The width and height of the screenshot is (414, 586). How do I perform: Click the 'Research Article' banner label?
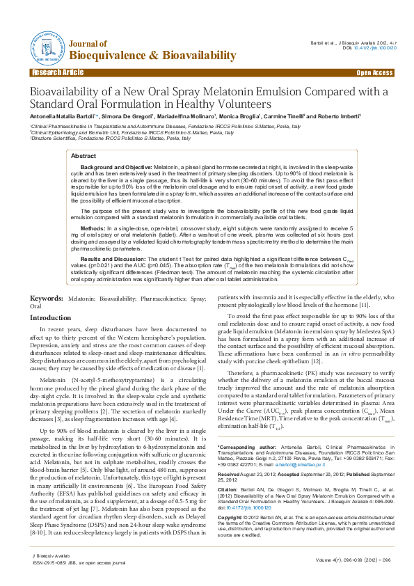(x=56, y=72)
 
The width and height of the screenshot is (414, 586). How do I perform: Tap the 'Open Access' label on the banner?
(x=374, y=72)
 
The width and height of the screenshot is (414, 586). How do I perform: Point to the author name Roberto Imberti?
(x=339, y=117)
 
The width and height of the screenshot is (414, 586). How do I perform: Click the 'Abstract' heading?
(x=83, y=157)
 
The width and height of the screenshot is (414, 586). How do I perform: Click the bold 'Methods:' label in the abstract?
(x=93, y=228)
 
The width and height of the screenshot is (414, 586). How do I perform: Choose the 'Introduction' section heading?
(x=50, y=317)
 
